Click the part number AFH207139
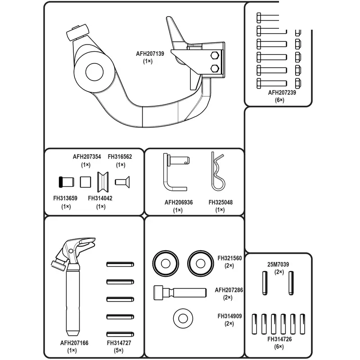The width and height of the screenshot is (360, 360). point(150,54)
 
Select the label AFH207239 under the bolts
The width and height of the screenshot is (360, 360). point(282,93)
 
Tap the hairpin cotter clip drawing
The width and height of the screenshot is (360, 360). point(218,171)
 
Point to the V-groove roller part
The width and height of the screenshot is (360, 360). point(103,182)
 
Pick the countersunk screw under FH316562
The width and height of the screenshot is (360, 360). point(122,182)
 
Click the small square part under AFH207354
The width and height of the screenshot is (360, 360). point(85,182)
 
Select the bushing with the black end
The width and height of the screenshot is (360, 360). point(66,182)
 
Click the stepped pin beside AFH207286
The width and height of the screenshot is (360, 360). point(180,292)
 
